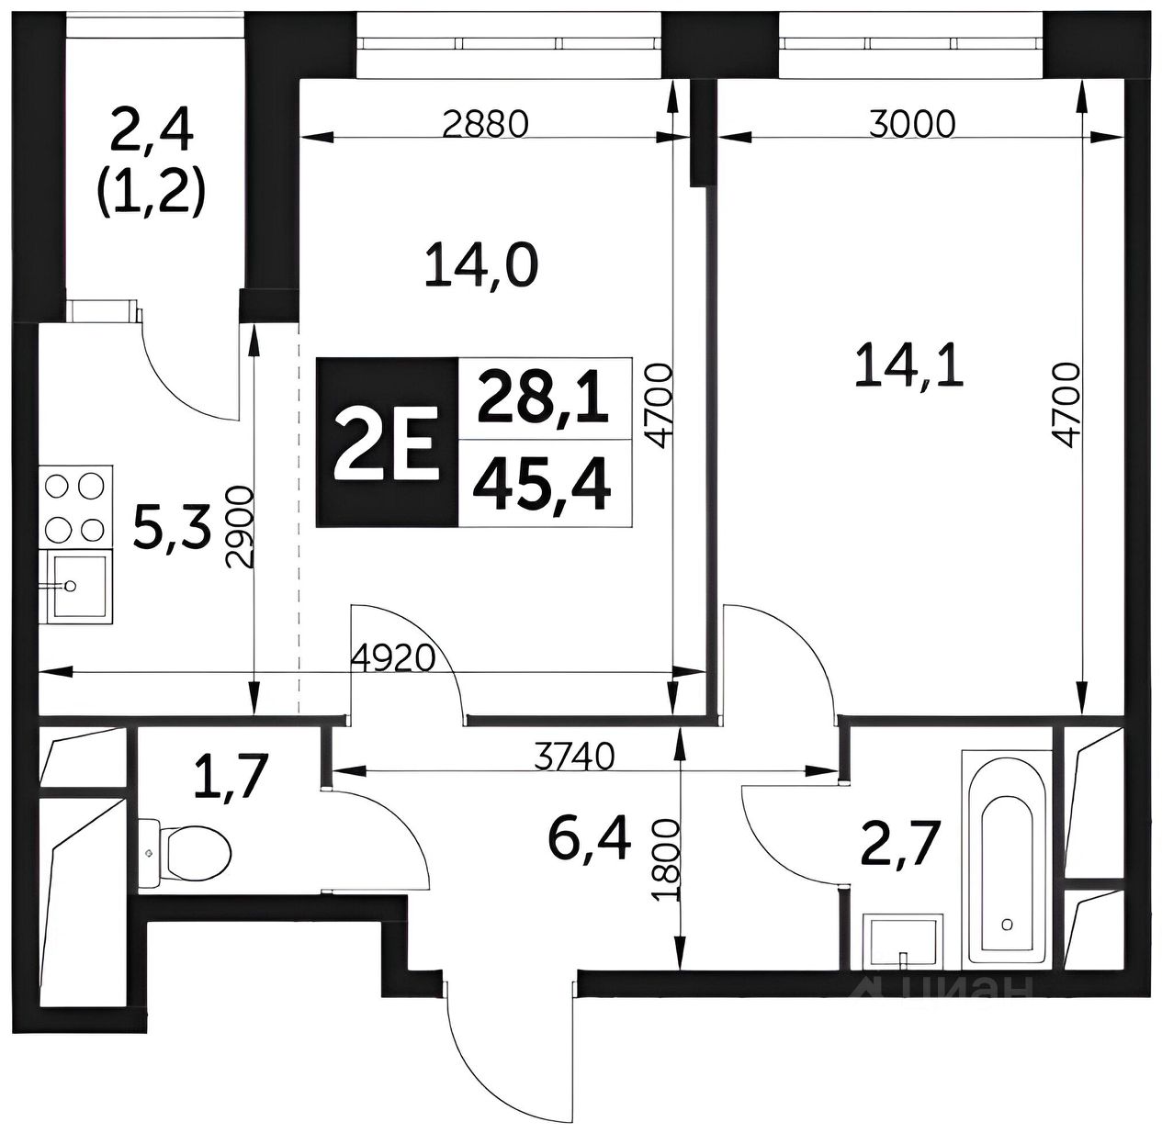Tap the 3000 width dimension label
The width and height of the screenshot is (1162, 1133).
911,124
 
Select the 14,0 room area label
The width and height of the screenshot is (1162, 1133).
481,267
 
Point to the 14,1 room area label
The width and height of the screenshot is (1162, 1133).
908,368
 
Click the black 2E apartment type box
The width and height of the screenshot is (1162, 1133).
387,443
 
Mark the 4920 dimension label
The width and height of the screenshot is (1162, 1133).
391,659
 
